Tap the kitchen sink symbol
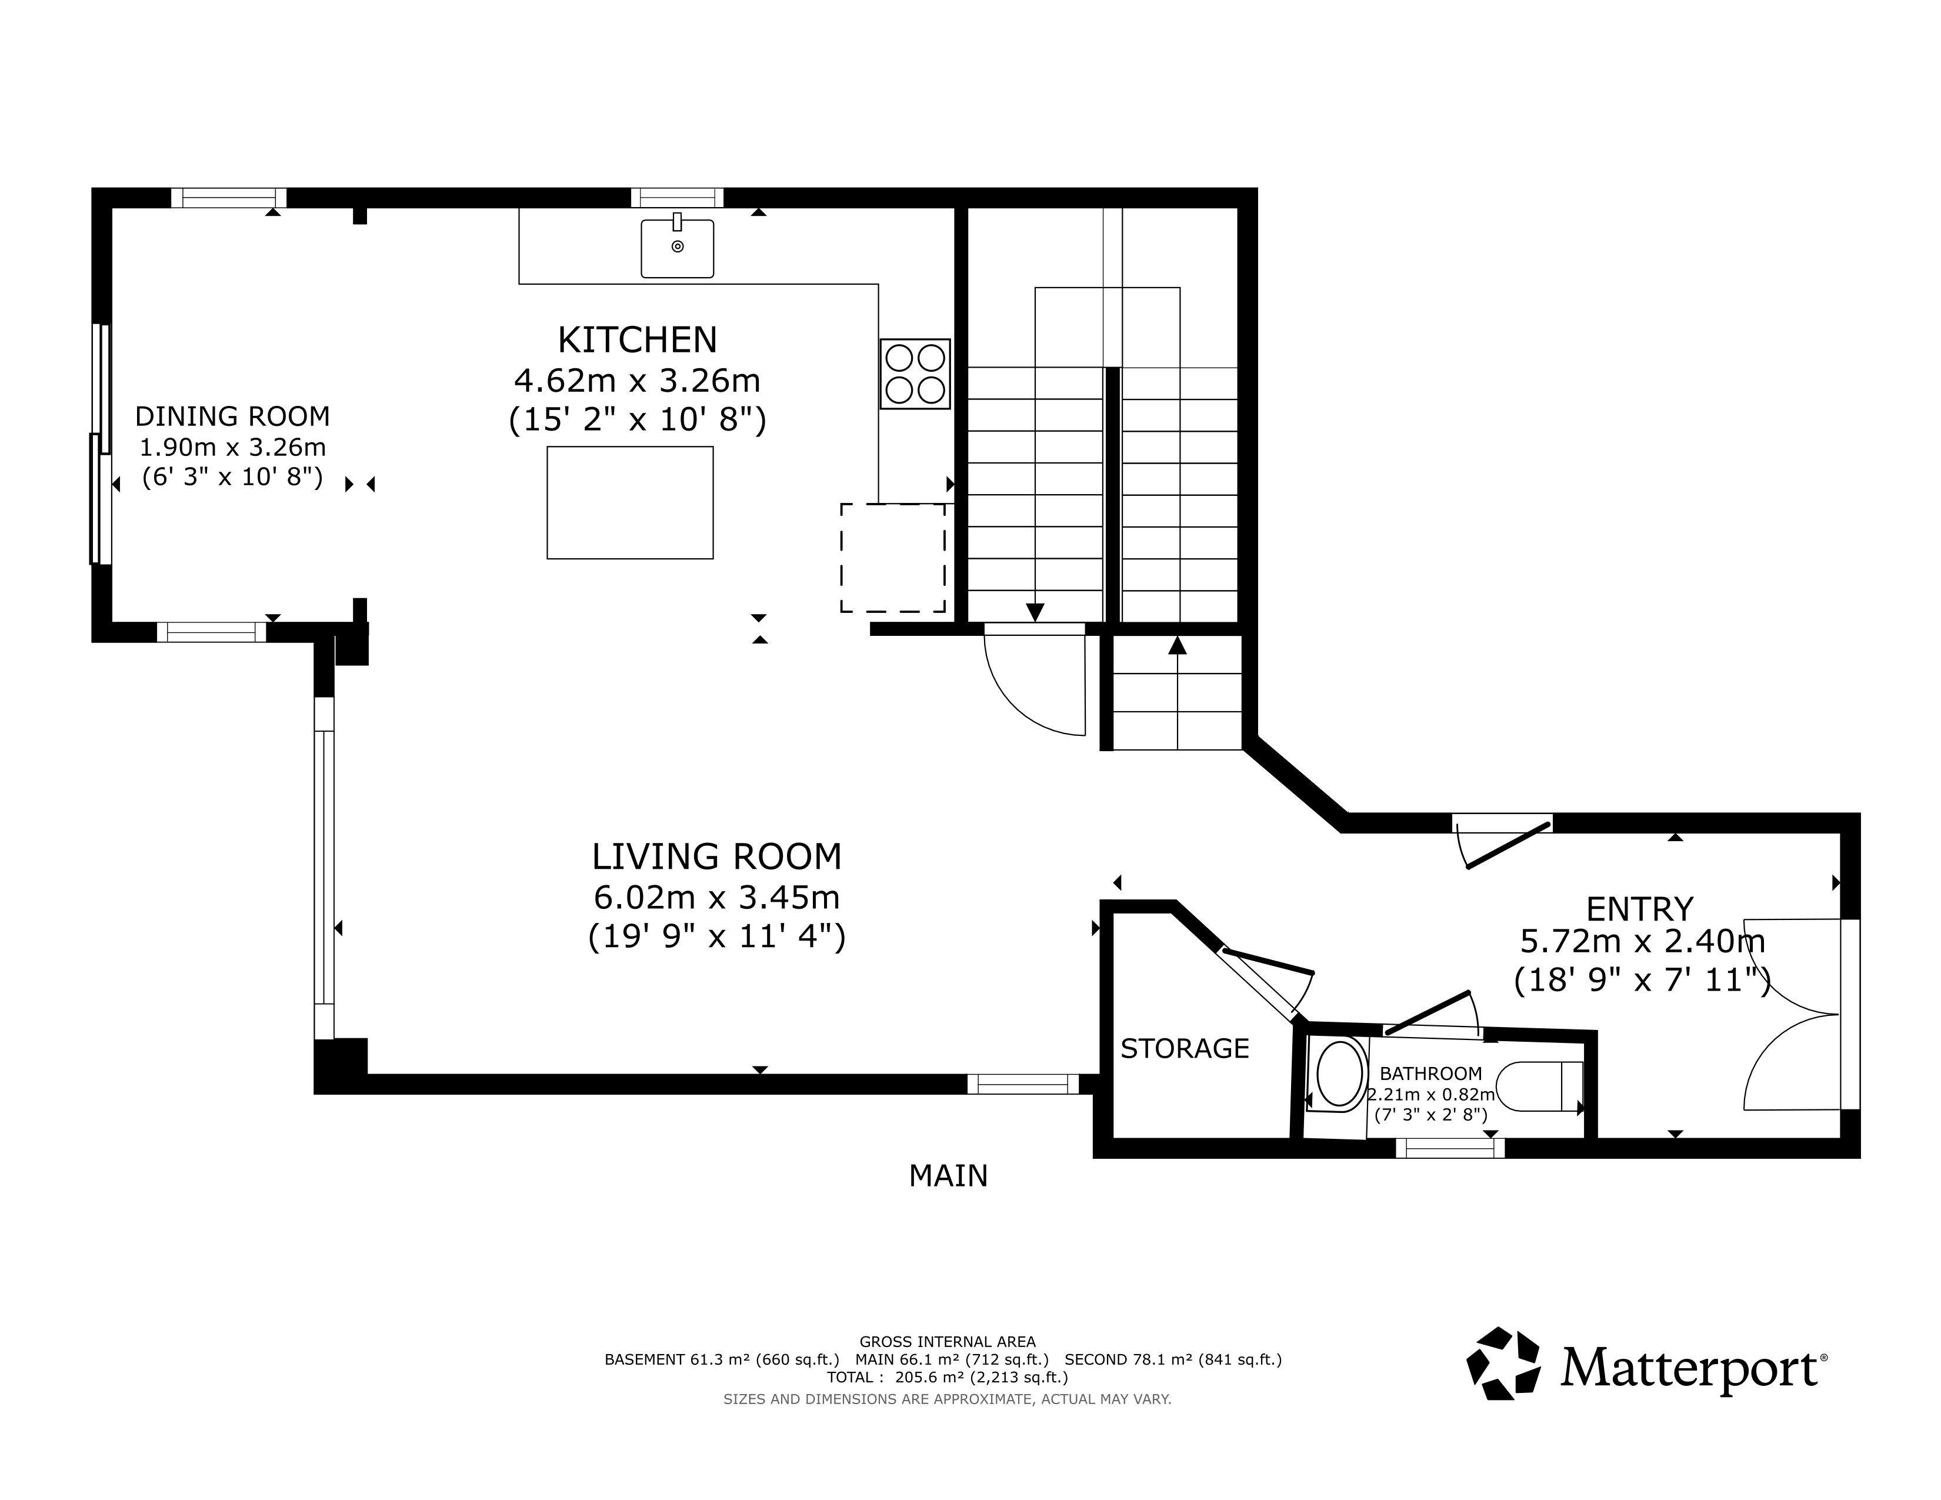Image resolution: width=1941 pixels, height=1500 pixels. tap(677, 248)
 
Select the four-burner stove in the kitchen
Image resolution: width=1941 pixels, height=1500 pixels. tap(915, 374)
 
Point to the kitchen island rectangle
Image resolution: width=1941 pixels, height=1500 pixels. tap(630, 503)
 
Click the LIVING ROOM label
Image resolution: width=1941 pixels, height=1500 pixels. tap(716, 856)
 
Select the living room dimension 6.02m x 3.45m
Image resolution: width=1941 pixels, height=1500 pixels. tap(716, 898)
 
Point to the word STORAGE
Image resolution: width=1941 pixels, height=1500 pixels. tap(1185, 1049)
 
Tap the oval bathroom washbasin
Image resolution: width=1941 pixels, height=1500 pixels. tap(1340, 1074)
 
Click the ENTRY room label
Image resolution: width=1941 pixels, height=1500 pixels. tap(1640, 909)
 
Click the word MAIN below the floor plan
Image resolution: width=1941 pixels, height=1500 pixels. tap(948, 1176)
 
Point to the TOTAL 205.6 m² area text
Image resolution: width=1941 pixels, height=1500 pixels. tap(948, 1378)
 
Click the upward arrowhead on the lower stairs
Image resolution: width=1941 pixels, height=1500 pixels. tap(1178, 645)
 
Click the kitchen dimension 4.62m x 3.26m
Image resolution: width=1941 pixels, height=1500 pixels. tap(637, 381)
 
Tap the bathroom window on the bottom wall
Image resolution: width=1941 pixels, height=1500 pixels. tap(1450, 1148)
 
